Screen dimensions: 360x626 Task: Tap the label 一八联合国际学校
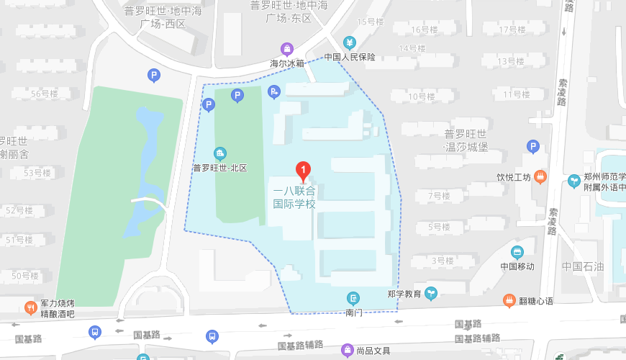point(294,197)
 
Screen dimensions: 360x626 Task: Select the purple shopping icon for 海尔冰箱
point(288,49)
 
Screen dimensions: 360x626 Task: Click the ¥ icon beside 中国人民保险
point(350,42)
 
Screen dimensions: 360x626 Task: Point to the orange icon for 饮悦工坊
point(540,176)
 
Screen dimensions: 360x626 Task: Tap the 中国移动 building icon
point(517,252)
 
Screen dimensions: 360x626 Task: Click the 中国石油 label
point(584,266)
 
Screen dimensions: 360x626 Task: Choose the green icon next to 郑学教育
point(431,293)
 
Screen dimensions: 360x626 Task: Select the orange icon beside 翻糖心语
point(509,300)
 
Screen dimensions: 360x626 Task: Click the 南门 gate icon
point(353,298)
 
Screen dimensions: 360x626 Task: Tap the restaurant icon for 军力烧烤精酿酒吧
point(30,308)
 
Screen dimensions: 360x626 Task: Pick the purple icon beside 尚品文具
point(347,351)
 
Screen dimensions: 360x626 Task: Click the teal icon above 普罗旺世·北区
point(220,153)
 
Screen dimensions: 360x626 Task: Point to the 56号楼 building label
point(45,94)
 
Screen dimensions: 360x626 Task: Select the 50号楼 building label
point(25,276)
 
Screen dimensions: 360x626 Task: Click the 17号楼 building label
point(513,30)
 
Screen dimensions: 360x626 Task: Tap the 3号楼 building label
point(443,260)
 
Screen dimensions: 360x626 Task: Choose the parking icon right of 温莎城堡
point(533,146)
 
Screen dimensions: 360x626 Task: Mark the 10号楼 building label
point(422,96)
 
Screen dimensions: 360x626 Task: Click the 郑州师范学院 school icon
point(574,181)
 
